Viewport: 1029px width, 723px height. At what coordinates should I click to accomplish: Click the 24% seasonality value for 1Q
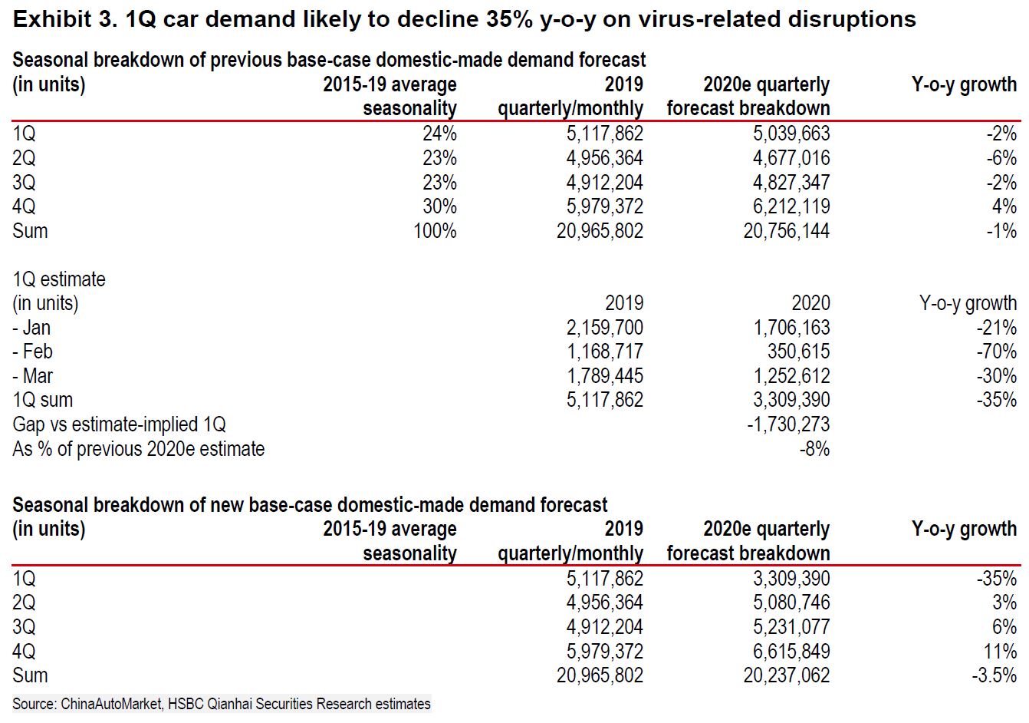[439, 134]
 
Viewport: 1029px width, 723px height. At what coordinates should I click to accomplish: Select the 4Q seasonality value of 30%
[439, 206]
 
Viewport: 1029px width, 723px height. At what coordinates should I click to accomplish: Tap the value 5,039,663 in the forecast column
[791, 134]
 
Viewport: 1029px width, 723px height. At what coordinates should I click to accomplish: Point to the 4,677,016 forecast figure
[791, 158]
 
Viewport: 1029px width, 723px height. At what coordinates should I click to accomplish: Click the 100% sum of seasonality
[435, 230]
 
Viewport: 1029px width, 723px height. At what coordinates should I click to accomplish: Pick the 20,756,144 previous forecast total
[787, 230]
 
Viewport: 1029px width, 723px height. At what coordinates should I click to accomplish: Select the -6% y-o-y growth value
[1001, 158]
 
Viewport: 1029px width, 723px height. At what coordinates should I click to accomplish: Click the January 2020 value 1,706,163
[791, 328]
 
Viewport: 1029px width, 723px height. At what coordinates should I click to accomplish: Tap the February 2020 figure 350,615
[798, 352]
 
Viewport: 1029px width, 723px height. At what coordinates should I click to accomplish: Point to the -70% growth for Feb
[996, 352]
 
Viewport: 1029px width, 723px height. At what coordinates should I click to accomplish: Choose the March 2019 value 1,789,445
[604, 376]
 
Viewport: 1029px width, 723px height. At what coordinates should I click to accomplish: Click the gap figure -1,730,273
[788, 424]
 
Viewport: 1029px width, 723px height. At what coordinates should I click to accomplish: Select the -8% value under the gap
[814, 448]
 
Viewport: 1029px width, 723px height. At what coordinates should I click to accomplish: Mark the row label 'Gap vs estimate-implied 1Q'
[119, 424]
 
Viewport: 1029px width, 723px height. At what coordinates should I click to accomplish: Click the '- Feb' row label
[32, 352]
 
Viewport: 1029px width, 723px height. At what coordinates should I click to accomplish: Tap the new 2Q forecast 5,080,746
[791, 602]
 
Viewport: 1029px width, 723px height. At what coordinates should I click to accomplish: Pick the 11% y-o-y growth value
[1000, 651]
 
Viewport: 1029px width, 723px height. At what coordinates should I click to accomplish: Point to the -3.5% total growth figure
[994, 675]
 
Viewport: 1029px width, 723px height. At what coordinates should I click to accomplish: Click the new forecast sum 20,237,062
[787, 675]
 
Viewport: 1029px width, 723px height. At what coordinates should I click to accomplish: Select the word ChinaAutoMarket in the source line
[111, 704]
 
